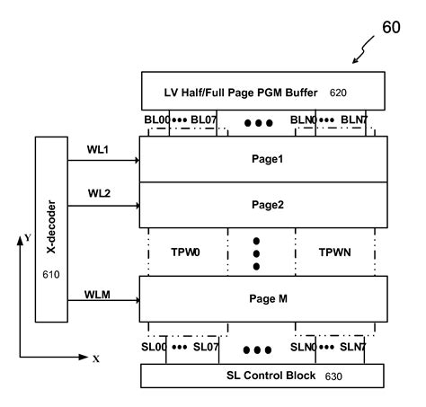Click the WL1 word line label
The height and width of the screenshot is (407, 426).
(x=100, y=149)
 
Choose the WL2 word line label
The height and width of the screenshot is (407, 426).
(x=100, y=194)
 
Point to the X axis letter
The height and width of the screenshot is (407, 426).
(x=96, y=358)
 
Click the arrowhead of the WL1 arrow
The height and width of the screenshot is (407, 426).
(x=137, y=161)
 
